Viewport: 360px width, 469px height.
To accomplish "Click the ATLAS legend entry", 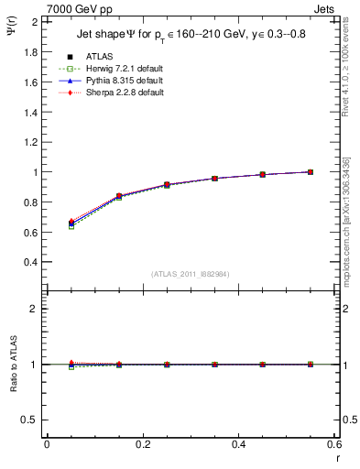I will pyautogui.click(x=100, y=57).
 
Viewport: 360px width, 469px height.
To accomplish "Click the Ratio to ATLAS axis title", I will pyautogui.click(x=13, y=365).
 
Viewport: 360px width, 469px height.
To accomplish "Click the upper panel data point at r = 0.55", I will pyautogui.click(x=311, y=171).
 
